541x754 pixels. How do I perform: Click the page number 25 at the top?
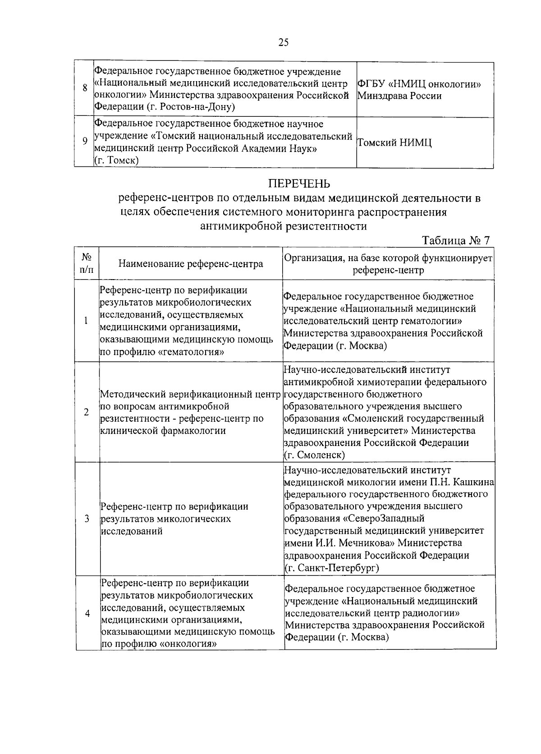(x=284, y=42)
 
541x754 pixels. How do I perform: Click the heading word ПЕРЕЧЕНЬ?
(x=299, y=184)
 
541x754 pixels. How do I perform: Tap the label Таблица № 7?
(x=455, y=240)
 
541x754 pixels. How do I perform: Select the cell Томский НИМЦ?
(x=394, y=143)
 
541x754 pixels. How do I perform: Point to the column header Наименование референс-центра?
(x=191, y=264)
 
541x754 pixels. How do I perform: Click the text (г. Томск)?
(x=116, y=161)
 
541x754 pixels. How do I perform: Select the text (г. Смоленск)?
(x=314, y=455)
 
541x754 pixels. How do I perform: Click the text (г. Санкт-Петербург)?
(x=332, y=568)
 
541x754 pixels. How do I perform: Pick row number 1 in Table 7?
(x=86, y=321)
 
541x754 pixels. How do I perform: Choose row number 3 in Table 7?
(x=87, y=519)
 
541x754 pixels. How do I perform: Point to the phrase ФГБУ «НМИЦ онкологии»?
(x=419, y=84)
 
